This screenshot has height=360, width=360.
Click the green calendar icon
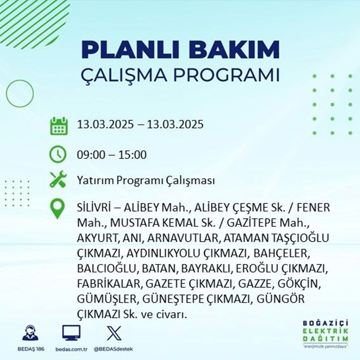pos(58,125)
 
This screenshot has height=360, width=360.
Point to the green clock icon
pos(58,155)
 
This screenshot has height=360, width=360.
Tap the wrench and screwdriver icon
pos(58,180)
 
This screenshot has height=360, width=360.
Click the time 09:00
pos(91,155)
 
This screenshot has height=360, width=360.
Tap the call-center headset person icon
pos(30,333)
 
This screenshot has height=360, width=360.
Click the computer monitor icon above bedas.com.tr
pos(72,333)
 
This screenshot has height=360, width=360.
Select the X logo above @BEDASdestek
pos(113,333)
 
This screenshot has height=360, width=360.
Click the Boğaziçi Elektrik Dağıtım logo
pos(326,333)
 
